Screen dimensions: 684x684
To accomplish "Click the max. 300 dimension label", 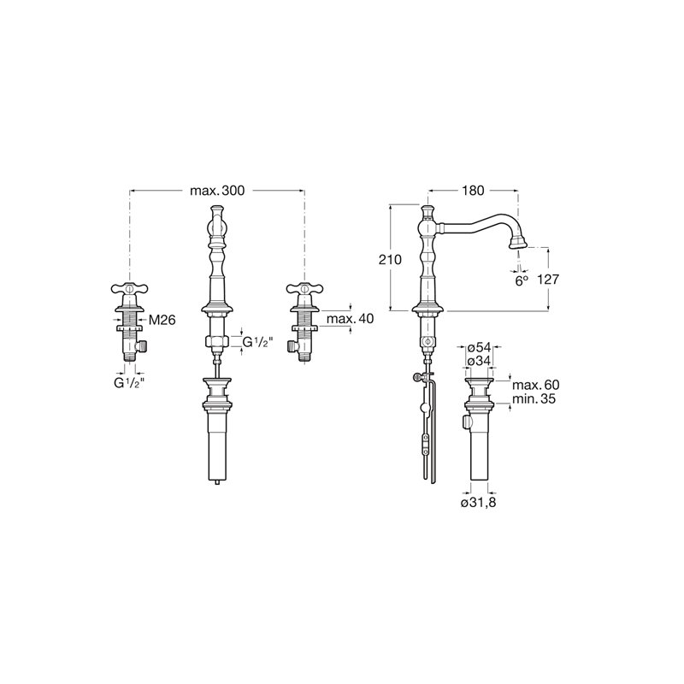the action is [x=217, y=191].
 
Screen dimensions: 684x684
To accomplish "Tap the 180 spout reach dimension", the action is [x=474, y=191].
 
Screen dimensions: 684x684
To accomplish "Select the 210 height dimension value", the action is [x=390, y=260].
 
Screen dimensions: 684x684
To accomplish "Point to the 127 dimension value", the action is [x=547, y=280].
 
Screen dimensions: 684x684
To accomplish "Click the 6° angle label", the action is [x=522, y=281].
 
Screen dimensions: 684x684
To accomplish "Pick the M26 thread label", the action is [x=162, y=320].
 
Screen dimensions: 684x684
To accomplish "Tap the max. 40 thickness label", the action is [x=350, y=319].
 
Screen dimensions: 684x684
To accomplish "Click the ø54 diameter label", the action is [x=479, y=348].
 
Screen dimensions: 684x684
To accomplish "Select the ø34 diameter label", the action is [x=479, y=362].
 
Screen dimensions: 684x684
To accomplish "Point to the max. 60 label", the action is [x=536, y=385].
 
